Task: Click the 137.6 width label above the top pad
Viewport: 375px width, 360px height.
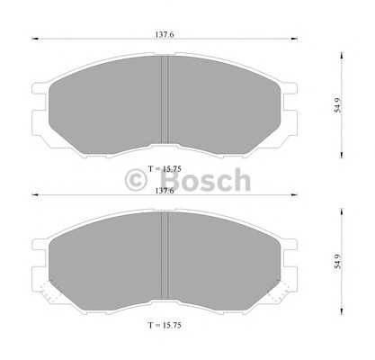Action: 165,34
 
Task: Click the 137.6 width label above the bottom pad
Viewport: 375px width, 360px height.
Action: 165,191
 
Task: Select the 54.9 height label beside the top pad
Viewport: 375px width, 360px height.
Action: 338,105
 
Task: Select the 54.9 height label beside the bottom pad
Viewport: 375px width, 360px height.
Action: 338,261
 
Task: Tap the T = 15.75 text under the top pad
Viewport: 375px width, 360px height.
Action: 165,169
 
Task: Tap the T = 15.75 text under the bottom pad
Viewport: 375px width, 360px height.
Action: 165,325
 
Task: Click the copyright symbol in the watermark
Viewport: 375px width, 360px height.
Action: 136,180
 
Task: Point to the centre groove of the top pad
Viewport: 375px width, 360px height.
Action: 165,100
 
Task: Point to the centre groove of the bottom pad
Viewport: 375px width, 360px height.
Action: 165,256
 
